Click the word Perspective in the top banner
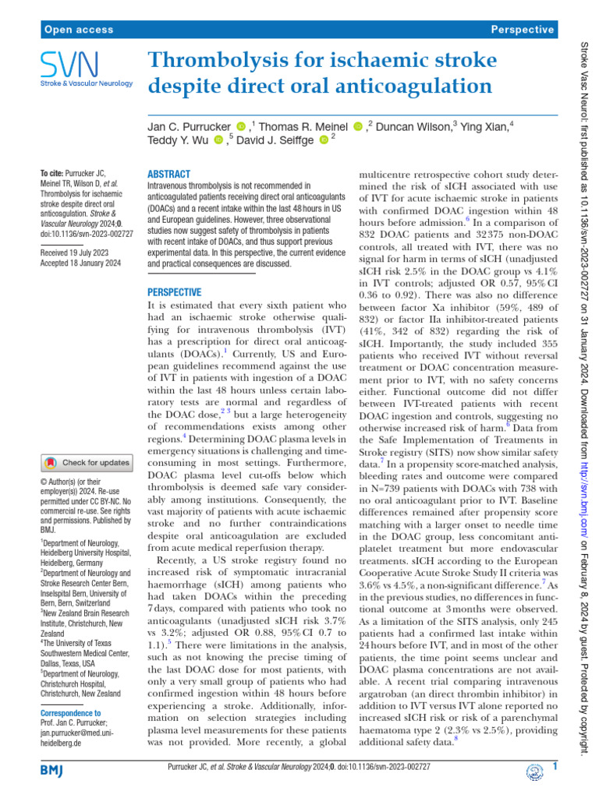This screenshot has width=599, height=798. click(x=523, y=30)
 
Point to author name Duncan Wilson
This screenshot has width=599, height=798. click(x=417, y=125)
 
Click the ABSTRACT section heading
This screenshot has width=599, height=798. click(x=168, y=175)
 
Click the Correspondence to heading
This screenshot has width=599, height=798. click(x=70, y=712)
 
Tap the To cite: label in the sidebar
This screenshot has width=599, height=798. click(x=52, y=174)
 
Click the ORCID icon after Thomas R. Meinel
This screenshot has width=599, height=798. click(x=358, y=126)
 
